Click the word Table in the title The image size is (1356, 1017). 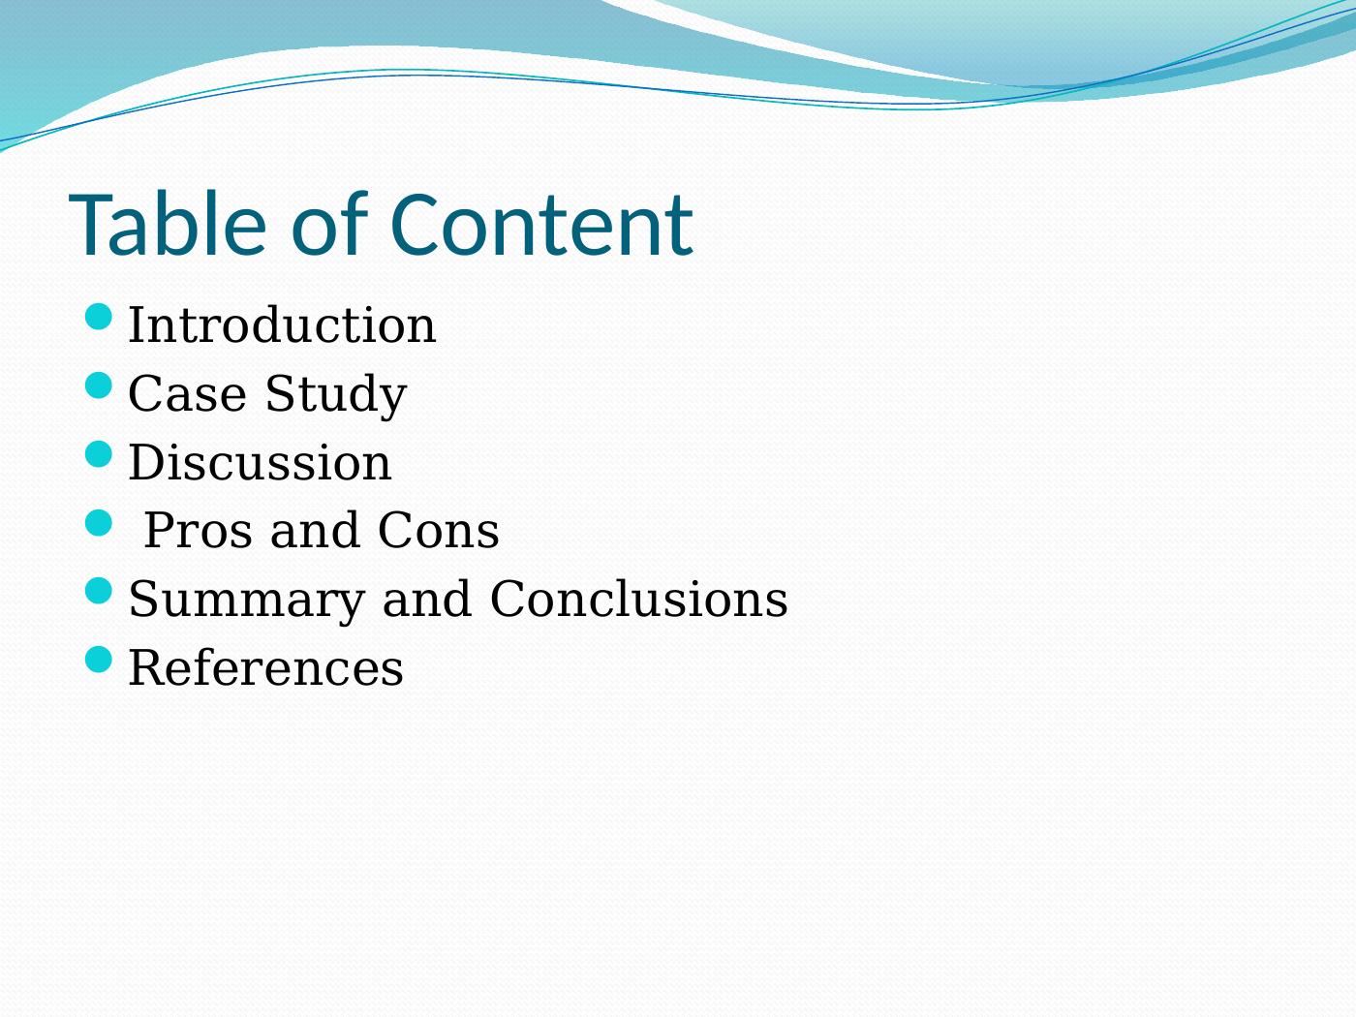(168, 224)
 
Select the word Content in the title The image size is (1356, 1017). (541, 224)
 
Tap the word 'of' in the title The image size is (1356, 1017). (329, 223)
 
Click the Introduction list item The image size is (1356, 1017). (282, 324)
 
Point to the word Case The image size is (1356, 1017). (187, 393)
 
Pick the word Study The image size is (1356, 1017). (336, 396)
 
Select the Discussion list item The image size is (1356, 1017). (260, 462)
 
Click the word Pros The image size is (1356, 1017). (198, 531)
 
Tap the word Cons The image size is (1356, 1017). (438, 531)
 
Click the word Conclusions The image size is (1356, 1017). (638, 599)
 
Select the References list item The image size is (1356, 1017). (265, 667)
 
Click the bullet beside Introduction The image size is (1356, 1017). (98, 318)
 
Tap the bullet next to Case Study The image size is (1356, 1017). (98, 385)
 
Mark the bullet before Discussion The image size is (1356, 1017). (98, 454)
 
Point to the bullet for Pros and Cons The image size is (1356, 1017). (98, 523)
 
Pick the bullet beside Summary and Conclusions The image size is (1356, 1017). (98, 592)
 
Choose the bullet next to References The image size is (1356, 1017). (98, 661)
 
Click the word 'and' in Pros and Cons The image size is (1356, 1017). (315, 530)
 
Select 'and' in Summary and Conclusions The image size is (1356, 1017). (427, 599)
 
